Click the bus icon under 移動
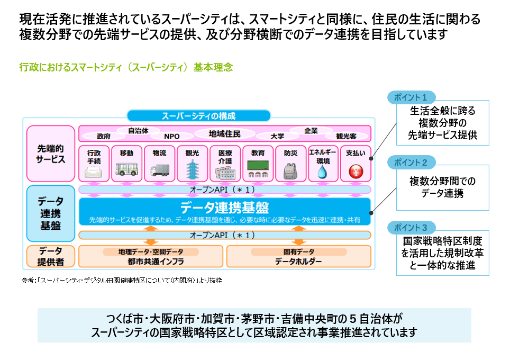click(x=126, y=169)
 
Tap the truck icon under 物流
click(x=160, y=170)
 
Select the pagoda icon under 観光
click(x=192, y=169)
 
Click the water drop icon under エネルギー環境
click(x=323, y=172)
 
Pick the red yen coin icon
click(x=356, y=171)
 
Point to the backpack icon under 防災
click(x=290, y=171)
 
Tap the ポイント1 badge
click(x=411, y=97)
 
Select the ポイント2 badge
click(x=411, y=163)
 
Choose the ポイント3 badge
click(x=411, y=228)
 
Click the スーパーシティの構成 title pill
click(x=198, y=116)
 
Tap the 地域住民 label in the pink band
click(x=224, y=134)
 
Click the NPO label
click(x=172, y=137)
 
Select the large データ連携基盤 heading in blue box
click(x=225, y=208)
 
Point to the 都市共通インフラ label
click(x=156, y=262)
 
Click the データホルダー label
click(x=298, y=262)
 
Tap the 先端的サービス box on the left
click(x=51, y=154)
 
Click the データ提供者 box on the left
click(x=51, y=256)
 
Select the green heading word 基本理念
click(x=213, y=67)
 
